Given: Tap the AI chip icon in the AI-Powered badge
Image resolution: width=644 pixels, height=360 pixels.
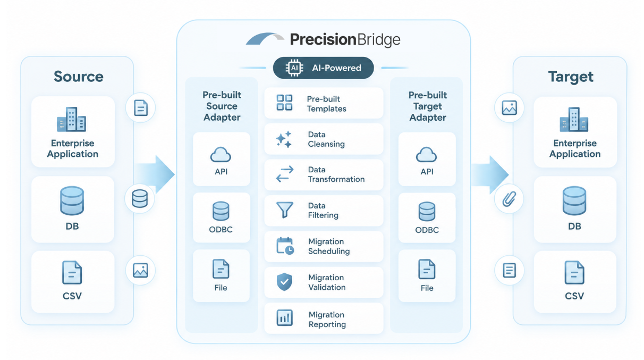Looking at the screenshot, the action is [294, 68].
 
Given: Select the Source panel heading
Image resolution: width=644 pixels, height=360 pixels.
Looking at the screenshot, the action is [79, 77].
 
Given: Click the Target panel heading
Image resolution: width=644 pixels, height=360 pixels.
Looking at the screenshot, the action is [571, 77].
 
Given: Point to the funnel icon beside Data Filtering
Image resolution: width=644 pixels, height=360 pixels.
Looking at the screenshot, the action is [285, 210].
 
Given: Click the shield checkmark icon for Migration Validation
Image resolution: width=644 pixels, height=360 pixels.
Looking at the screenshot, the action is [284, 282].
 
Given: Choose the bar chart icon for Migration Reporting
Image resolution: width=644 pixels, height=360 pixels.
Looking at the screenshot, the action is [285, 317].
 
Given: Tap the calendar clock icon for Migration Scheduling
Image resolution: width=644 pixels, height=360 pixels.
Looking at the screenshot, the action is [285, 246].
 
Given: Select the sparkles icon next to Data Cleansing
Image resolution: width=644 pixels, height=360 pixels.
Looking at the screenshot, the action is [284, 139].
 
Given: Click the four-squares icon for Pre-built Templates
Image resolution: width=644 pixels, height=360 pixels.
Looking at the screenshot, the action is [284, 103].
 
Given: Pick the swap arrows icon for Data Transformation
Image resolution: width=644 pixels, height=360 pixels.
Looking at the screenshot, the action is [285, 174].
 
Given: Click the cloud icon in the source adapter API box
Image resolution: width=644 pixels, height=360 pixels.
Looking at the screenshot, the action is [221, 155].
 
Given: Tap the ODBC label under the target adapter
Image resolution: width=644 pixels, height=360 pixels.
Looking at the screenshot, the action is [427, 230].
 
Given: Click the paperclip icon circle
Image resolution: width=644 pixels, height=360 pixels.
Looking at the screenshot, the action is [509, 199].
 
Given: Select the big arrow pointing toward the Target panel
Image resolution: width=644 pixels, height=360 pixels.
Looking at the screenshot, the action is [490, 174].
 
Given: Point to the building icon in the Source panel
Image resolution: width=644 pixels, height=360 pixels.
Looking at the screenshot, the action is [72, 120].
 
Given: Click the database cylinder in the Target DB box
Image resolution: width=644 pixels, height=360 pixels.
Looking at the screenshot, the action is [574, 200].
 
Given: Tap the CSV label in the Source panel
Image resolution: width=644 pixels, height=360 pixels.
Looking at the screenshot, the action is [72, 296].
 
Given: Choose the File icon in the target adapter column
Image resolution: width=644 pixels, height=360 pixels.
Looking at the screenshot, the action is [427, 269].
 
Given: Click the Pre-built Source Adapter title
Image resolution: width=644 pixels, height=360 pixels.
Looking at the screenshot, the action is [222, 106].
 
